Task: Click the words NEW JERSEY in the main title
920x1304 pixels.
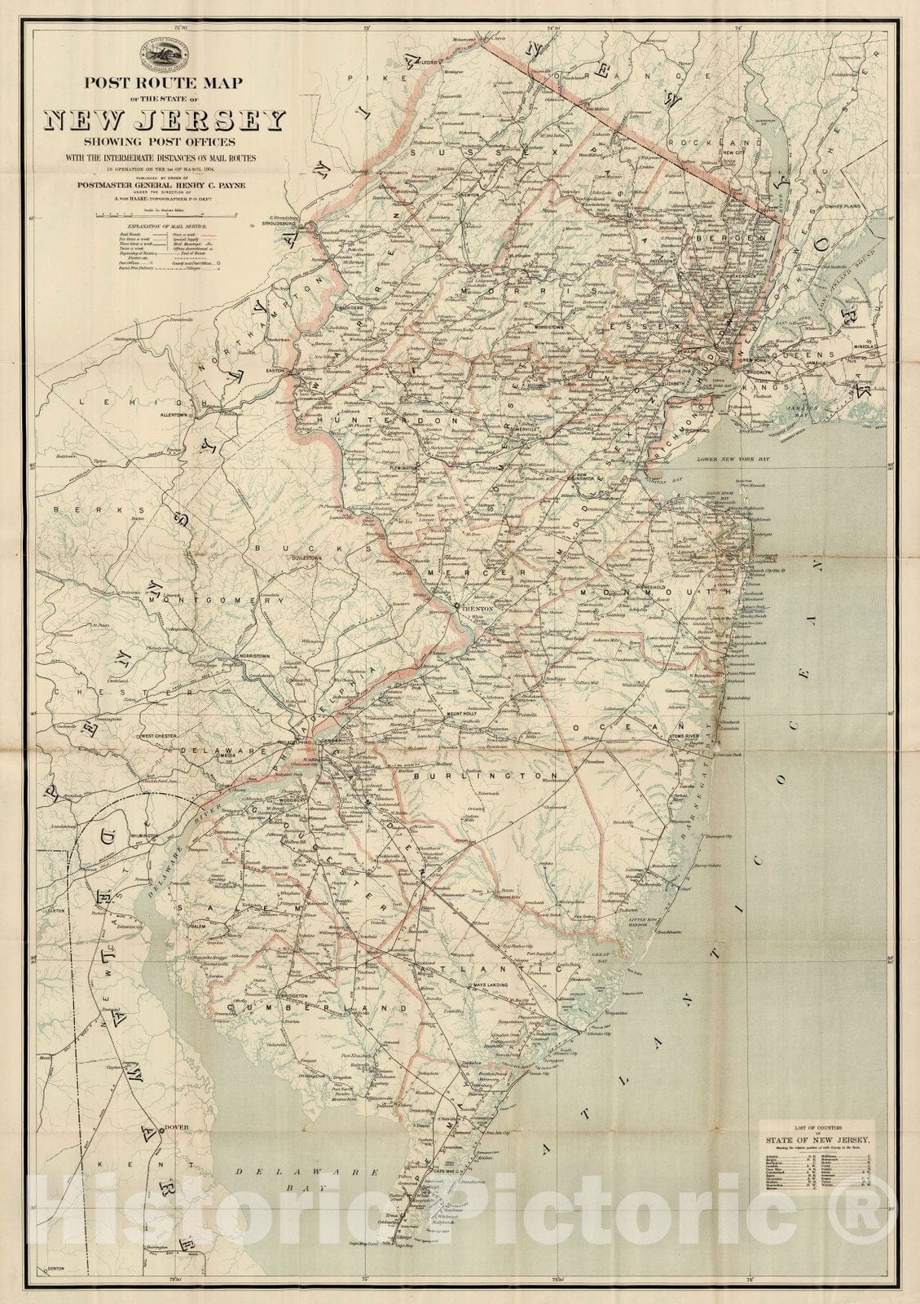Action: click(x=165, y=121)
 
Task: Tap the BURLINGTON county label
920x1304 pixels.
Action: click(x=486, y=777)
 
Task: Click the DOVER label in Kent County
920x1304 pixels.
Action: click(x=176, y=1128)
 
